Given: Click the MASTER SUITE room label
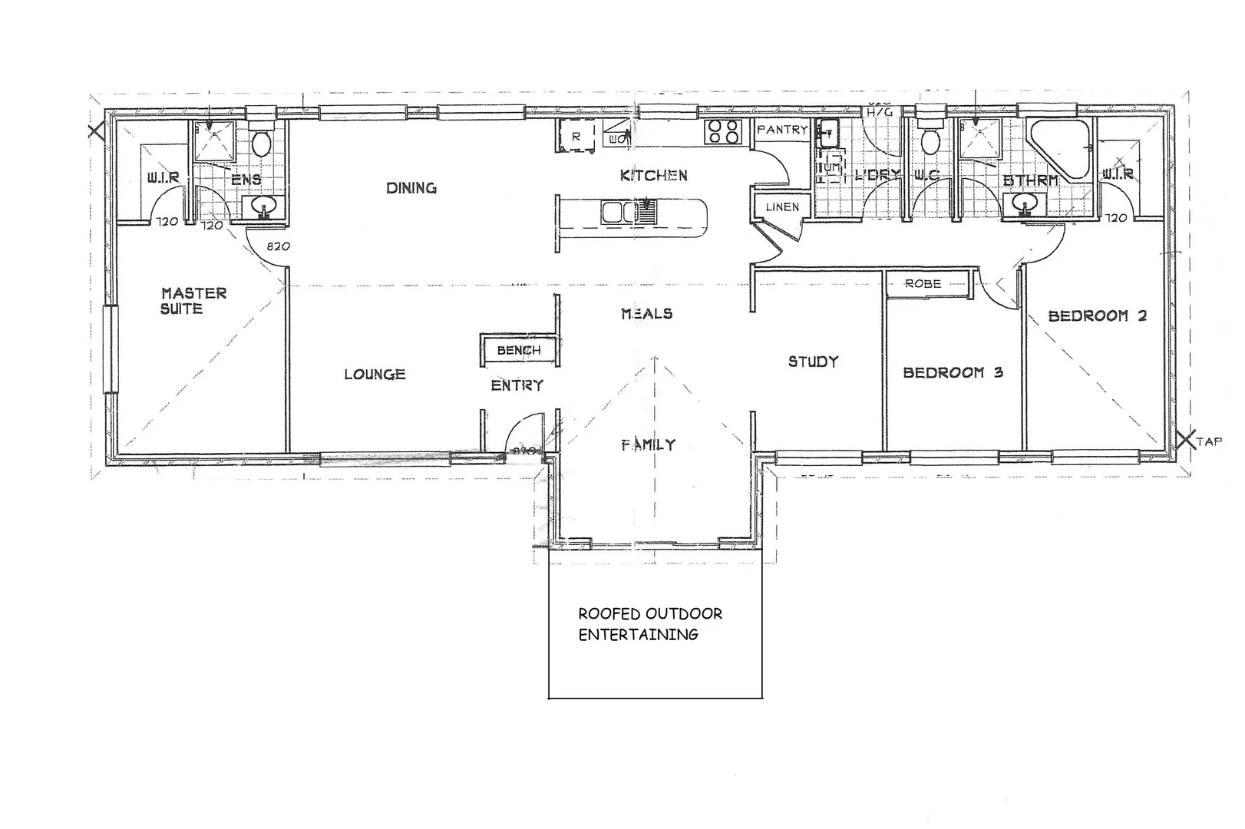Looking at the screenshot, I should point(193,301).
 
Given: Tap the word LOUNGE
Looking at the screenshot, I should point(374,375).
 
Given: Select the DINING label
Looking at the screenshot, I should point(411,188).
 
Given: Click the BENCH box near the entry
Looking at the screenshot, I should point(519,350).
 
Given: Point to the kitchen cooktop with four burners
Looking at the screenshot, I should point(722,132).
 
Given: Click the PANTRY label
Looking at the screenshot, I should point(781,130).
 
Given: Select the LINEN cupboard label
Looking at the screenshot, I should point(781,207).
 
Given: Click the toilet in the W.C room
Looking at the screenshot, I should point(931,140).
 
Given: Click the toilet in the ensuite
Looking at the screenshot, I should point(261,142).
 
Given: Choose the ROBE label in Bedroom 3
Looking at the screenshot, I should point(923,284).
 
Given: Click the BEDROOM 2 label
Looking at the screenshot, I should point(1096,315).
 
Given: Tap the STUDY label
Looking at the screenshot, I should point(813,362).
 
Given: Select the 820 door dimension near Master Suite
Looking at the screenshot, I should point(278,247).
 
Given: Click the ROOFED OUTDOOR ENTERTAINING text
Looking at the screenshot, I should point(649,624).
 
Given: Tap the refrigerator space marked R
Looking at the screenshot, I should point(576,137).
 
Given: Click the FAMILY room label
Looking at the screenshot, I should point(648,444).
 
